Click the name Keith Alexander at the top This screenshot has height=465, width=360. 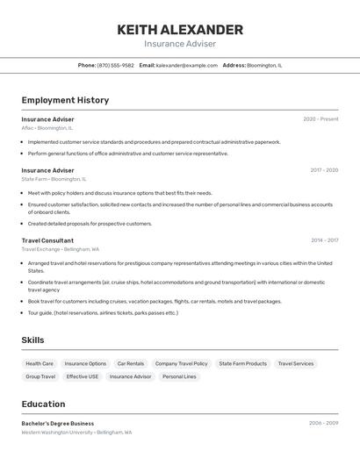[180, 30]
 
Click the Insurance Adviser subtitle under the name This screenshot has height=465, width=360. [180, 44]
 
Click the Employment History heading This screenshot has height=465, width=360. [65, 100]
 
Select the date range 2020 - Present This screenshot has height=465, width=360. [320, 119]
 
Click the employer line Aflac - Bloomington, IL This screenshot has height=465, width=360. [47, 128]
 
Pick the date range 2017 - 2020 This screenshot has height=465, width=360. [323, 170]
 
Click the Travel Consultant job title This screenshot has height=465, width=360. [47, 240]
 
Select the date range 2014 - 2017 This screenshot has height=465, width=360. [324, 240]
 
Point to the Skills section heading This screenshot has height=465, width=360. [32, 340]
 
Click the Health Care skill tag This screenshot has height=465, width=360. [40, 363]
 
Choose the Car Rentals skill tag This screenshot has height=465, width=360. [131, 363]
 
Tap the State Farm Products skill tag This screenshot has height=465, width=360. [242, 363]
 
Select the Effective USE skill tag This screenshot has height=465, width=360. [83, 376]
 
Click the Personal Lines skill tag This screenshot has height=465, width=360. [179, 376]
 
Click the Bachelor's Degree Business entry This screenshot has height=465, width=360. [58, 423]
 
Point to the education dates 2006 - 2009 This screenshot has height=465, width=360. [323, 423]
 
